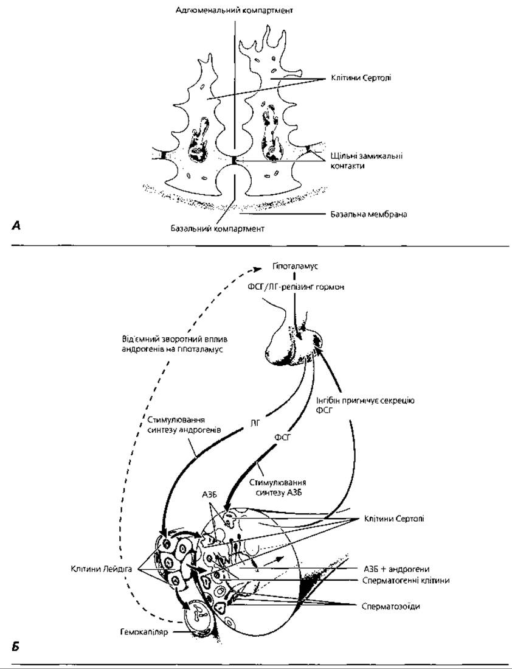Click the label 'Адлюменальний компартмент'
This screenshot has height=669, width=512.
[234, 10]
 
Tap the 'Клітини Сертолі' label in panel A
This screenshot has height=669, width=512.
[361, 78]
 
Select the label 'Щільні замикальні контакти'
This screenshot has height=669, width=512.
[367, 161]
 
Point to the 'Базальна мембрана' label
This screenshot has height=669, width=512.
[368, 214]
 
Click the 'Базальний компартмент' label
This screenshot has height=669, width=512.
[218, 228]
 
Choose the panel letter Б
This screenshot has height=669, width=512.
[16, 646]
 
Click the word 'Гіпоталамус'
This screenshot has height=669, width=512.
[295, 266]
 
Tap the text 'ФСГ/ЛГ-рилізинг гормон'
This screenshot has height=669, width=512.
[296, 287]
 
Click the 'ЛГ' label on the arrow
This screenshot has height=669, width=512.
[255, 423]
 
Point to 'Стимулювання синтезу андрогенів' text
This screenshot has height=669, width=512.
[184, 425]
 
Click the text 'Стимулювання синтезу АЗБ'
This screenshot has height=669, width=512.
[277, 488]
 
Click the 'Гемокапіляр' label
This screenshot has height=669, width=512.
[144, 632]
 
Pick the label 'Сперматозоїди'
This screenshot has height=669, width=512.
[390, 606]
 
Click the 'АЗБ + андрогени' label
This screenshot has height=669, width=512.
[396, 569]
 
